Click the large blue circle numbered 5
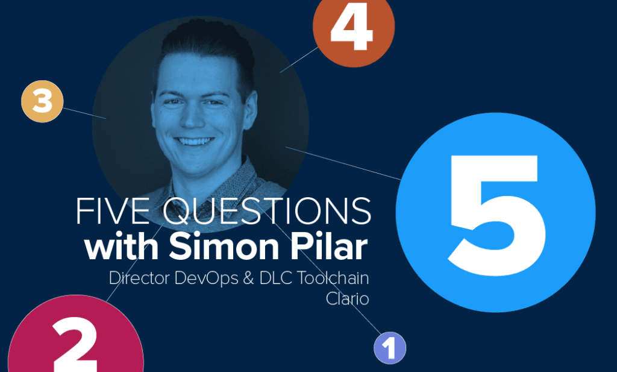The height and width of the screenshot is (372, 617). (x=495, y=212)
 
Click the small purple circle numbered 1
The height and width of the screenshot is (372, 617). (x=390, y=348)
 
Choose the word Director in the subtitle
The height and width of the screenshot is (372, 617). (x=142, y=279)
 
